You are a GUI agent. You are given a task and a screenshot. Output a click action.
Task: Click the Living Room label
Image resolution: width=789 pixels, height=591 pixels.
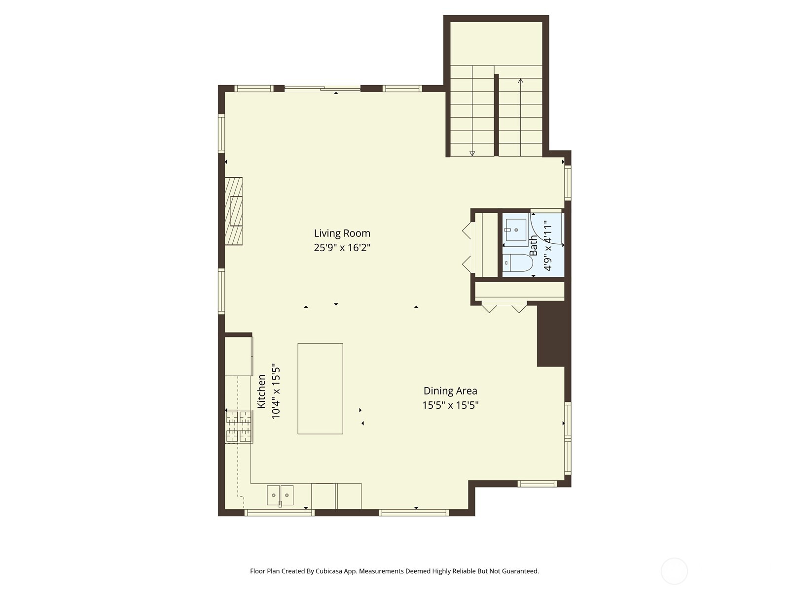pos(342,233)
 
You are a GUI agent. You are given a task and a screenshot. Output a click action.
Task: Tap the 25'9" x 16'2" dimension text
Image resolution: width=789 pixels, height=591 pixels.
pos(342,247)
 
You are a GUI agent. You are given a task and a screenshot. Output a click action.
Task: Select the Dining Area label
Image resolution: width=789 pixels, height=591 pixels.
pos(450,391)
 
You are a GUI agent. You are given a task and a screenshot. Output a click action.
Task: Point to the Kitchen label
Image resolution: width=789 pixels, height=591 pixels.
pos(262,391)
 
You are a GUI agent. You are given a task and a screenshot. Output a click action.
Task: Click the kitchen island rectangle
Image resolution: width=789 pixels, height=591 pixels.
pos(320,389)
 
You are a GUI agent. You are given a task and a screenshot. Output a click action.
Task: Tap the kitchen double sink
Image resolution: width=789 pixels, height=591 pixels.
pos(280,495)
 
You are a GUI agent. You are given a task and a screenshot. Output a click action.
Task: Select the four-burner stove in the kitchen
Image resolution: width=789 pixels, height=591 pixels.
pos(239,427)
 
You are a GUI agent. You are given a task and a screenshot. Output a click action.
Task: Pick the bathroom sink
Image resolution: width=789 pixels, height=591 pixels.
pos(516,230)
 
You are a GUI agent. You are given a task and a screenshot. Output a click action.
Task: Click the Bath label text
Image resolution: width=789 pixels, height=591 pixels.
pos(534,245)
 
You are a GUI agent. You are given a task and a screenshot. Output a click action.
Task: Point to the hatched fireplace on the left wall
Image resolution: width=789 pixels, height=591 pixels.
pos(234,211)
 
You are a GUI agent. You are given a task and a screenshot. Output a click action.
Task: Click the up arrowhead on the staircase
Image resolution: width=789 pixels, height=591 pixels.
pos(521,81)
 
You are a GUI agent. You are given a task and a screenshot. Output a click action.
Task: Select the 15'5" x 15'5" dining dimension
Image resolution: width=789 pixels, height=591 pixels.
pos(450,405)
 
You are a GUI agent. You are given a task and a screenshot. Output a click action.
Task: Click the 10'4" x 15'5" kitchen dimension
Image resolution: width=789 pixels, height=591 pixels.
pos(276,392)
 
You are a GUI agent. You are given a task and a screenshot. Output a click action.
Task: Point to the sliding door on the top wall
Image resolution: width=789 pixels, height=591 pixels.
pos(323,89)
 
